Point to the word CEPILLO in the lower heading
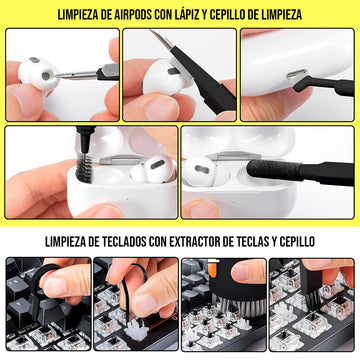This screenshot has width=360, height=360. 295,242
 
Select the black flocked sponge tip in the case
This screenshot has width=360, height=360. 273,169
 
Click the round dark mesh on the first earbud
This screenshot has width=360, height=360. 46,76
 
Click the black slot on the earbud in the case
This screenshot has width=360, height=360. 158,164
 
